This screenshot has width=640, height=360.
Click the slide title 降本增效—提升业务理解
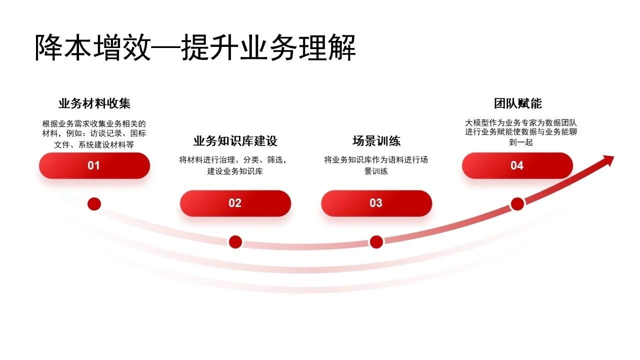point(195,47)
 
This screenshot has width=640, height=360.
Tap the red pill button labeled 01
point(94,165)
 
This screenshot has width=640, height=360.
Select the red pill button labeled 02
point(235,203)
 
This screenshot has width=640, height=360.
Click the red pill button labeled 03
point(376,203)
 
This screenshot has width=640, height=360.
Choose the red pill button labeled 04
point(517,165)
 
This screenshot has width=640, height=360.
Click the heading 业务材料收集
point(94,103)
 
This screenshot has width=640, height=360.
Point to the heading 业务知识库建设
point(235,141)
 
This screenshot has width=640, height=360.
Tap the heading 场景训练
point(376,141)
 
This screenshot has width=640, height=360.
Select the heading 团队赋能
point(517,103)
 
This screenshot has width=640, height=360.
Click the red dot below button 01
point(94,204)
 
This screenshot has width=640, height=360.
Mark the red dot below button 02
point(235,242)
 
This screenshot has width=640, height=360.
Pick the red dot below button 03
point(376,242)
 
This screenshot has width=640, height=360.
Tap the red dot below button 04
point(517,204)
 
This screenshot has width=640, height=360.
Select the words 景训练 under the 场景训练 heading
point(376,171)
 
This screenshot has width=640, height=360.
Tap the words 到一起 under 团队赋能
point(521,142)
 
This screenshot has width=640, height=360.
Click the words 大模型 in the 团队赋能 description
point(477,123)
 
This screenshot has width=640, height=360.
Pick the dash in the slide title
point(166,47)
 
